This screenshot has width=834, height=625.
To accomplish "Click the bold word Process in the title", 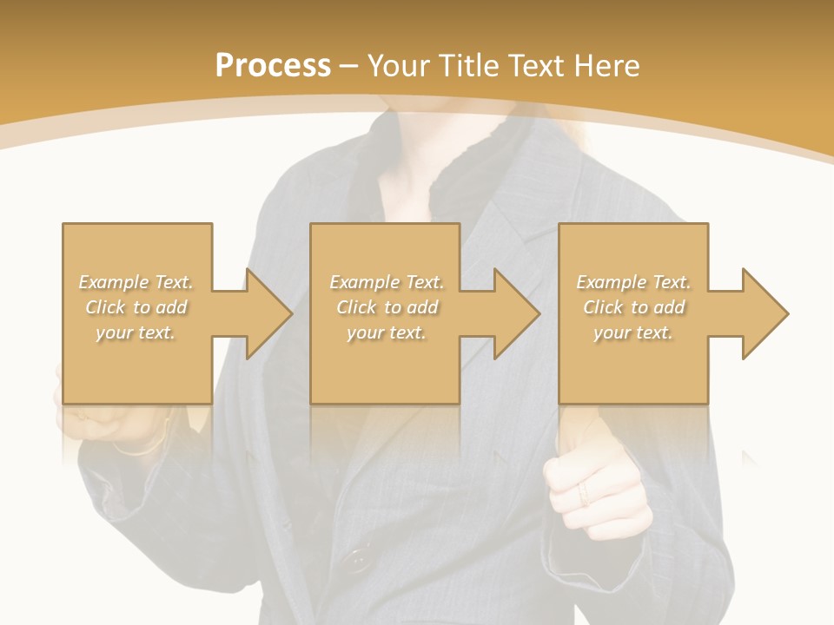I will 273,66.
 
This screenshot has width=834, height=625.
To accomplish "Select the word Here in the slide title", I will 606,66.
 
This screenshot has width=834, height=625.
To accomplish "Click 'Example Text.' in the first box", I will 136,282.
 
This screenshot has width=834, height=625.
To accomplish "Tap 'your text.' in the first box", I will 136,332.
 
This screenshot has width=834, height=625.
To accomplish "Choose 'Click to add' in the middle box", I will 386,307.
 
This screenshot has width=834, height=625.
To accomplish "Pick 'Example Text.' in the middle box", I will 386,282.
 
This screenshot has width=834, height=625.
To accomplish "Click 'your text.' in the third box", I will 633,332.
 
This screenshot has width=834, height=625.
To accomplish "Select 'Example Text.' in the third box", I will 633,282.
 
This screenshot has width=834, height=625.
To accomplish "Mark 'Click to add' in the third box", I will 633,307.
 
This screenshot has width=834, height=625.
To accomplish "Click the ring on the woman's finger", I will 584,494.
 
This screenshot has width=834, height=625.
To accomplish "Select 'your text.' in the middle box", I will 386,332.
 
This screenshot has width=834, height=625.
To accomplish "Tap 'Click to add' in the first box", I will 136,307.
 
